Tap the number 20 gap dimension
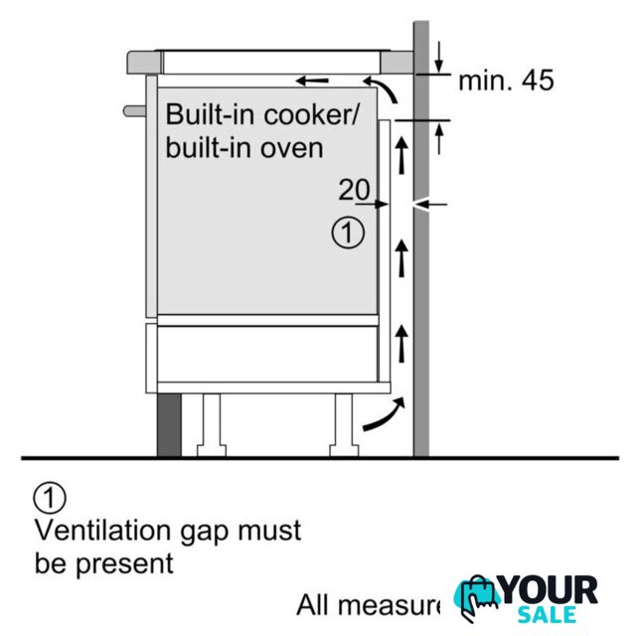[355, 189]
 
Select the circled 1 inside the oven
[348, 235]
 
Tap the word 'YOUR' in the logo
[548, 590]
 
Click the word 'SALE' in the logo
[546, 615]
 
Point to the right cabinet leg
[343, 422]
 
